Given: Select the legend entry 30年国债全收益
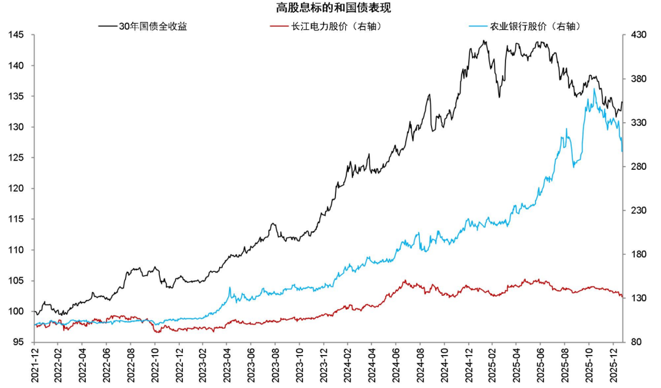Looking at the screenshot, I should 153,26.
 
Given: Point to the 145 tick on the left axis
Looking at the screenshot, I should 17,35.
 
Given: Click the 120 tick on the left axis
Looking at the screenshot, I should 17,188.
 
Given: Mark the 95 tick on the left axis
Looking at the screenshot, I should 19,342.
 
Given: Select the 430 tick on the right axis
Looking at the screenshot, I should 638,35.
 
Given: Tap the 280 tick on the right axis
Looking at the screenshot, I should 638,166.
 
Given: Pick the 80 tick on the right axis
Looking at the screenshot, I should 636,342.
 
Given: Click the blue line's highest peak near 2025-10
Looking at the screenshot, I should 594,89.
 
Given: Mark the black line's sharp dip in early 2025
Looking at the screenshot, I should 499,97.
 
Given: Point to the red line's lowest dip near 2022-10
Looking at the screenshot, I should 157,332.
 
